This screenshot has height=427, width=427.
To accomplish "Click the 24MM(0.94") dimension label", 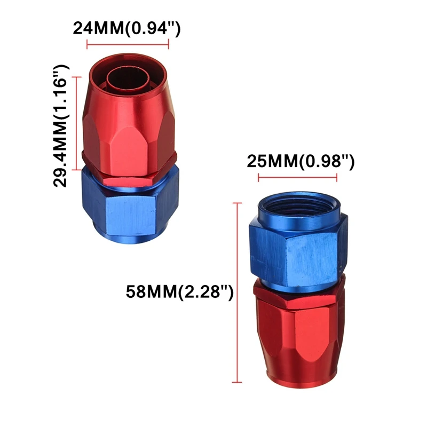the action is click(x=126, y=28).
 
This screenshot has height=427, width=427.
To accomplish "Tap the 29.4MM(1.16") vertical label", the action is click(x=60, y=126).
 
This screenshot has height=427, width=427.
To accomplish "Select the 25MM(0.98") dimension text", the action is click(x=301, y=161).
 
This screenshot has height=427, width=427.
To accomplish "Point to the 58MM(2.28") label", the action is click(x=180, y=292).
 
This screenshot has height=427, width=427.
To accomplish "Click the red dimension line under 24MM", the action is click(x=128, y=44).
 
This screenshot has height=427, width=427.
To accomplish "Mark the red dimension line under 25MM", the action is click(x=298, y=178).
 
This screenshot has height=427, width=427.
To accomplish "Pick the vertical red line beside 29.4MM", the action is click(x=76, y=123).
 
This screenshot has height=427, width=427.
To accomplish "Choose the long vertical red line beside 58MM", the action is click(x=237, y=292).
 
